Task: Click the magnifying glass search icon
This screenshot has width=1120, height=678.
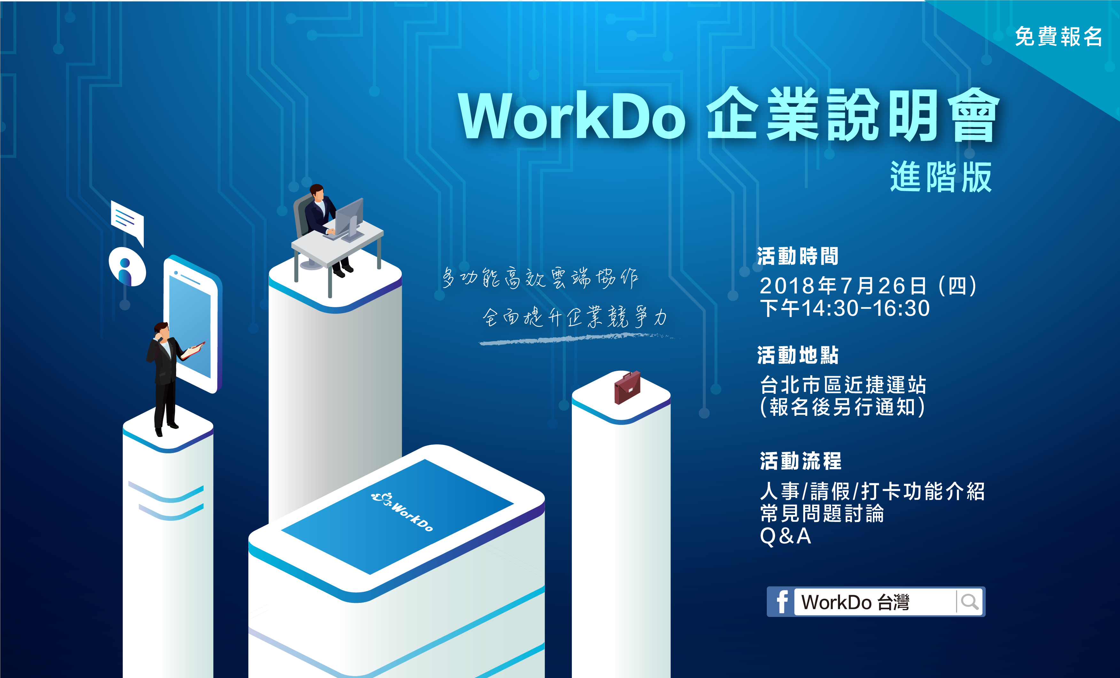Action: pyautogui.click(x=969, y=602)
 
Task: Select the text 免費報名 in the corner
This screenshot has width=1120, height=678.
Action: pyautogui.click(x=1058, y=36)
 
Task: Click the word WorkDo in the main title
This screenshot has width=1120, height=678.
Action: pyautogui.click(x=572, y=116)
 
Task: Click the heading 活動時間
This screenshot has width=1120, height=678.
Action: pyautogui.click(x=798, y=256)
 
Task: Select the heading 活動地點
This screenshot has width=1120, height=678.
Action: pyautogui.click(x=798, y=355)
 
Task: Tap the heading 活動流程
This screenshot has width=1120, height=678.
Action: pyautogui.click(x=800, y=461)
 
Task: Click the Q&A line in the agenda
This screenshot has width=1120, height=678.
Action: pyautogui.click(x=785, y=536)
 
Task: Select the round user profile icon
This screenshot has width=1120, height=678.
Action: pyautogui.click(x=127, y=267)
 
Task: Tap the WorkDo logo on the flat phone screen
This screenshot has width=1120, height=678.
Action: pyautogui.click(x=402, y=511)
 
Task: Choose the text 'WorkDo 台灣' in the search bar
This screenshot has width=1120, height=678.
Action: pyautogui.click(x=855, y=602)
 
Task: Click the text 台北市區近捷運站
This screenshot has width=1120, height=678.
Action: pyautogui.click(x=843, y=385)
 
